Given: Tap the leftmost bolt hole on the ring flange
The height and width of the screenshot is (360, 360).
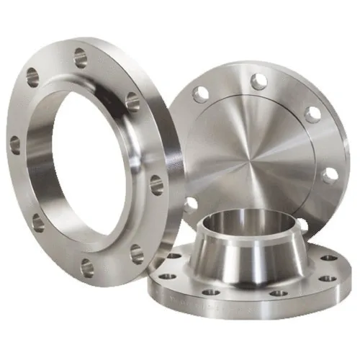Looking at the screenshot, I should click(15, 145).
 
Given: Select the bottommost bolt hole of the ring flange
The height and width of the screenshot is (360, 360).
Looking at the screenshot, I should click(87, 269).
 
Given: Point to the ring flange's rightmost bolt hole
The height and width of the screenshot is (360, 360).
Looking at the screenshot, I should click(156, 184).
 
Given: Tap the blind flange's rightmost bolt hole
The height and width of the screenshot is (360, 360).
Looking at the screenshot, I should click(329, 175).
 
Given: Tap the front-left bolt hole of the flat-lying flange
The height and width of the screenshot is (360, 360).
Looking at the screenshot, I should click(167, 276).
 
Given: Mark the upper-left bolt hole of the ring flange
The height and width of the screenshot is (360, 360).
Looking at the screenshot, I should click(32, 76).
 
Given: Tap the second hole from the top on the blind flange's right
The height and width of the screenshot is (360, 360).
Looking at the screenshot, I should click(312, 114).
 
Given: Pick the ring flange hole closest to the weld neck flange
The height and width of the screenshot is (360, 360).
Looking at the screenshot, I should click(137, 253).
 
